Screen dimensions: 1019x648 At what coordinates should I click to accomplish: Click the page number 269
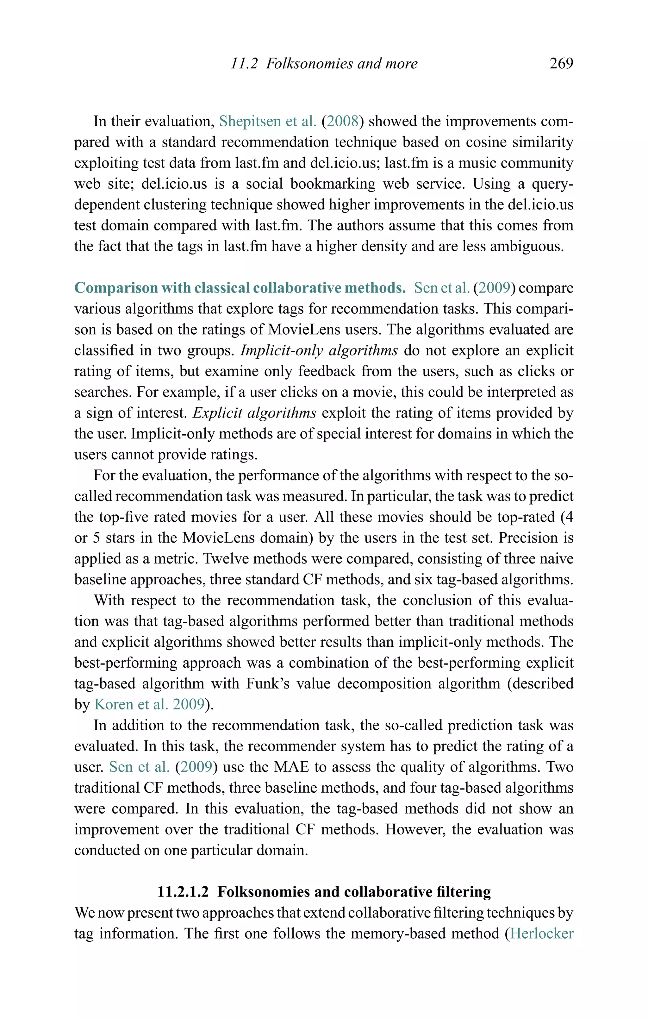561,64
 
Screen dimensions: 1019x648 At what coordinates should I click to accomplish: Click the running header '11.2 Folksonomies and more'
324,64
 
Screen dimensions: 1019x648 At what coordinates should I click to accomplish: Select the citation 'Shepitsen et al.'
267,122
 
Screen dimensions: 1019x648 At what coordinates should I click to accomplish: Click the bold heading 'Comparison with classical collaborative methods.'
240,288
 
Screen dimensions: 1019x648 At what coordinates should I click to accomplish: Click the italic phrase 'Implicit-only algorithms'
319,350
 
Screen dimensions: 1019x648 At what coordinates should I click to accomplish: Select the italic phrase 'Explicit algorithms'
254,413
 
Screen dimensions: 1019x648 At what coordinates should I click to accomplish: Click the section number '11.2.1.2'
183,892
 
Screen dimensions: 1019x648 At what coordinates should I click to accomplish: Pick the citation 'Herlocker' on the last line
541,934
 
